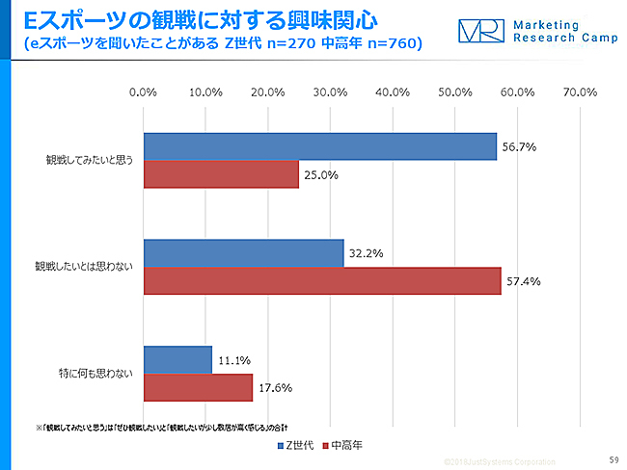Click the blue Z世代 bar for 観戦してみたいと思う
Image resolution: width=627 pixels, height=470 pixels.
[319, 146]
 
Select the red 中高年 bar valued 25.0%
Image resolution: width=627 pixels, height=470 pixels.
[221, 174]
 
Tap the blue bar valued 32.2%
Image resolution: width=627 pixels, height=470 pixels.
[243, 253]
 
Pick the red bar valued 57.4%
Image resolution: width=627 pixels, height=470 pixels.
[322, 281]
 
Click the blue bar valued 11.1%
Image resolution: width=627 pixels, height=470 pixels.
[177, 360]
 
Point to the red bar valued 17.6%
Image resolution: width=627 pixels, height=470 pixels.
[198, 388]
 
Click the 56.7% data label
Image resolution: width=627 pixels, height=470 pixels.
[518, 147]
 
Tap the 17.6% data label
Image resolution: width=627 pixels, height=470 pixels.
[275, 388]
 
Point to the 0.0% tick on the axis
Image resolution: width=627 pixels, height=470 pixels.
[143, 92]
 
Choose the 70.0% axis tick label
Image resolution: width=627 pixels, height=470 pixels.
[579, 92]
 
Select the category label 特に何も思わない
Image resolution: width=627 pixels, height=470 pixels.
[96, 374]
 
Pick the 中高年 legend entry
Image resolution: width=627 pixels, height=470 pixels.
[345, 445]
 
